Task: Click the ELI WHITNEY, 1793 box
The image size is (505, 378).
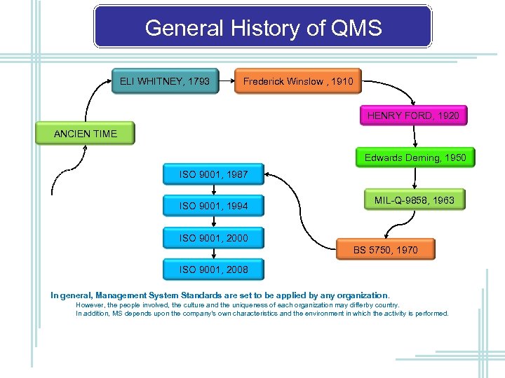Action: tap(165, 81)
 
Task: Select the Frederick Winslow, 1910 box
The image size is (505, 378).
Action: tap(298, 82)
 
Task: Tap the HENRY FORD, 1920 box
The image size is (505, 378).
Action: tap(413, 115)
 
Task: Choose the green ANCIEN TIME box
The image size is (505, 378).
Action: tap(86, 134)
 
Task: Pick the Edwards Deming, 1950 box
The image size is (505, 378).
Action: tap(415, 158)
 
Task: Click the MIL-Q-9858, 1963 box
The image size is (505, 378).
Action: tap(414, 201)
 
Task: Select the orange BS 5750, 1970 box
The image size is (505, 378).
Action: tap(385, 250)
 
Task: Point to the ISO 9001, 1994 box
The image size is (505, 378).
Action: tap(213, 206)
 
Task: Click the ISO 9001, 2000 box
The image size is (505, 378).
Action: tap(213, 238)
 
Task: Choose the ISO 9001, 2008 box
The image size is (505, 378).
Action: tap(213, 269)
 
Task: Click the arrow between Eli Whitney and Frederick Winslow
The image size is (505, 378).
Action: tap(227, 82)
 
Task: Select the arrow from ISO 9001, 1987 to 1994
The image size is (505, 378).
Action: tap(213, 190)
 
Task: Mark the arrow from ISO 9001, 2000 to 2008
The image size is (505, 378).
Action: tap(213, 254)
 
